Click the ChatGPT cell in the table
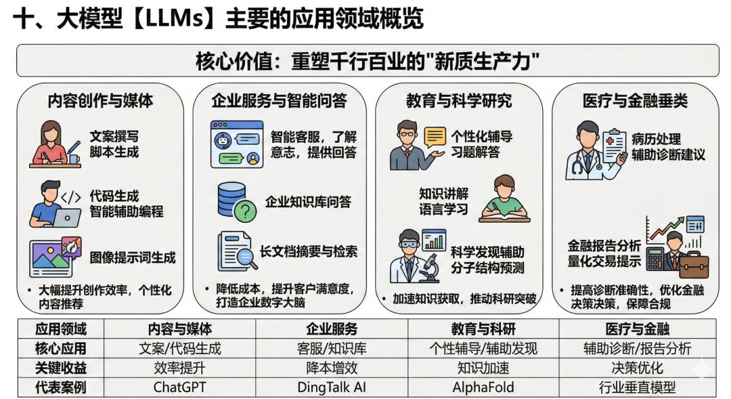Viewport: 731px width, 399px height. (x=179, y=388)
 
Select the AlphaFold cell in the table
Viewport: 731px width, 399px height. (x=483, y=388)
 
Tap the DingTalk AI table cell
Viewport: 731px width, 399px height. (x=331, y=388)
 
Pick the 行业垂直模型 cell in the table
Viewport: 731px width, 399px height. (x=637, y=388)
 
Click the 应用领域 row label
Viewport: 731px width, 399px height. (x=60, y=329)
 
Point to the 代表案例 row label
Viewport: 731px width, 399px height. (x=60, y=388)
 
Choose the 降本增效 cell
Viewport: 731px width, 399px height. (x=331, y=369)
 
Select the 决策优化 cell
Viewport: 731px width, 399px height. (x=637, y=369)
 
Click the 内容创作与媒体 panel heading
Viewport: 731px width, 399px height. (x=100, y=101)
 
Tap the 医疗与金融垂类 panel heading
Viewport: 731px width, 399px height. (x=635, y=101)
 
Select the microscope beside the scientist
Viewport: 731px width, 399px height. (x=428, y=267)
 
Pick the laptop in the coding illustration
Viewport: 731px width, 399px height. (x=66, y=217)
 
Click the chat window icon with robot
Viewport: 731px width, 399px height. (x=236, y=144)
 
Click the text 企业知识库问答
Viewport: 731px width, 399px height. (x=307, y=202)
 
